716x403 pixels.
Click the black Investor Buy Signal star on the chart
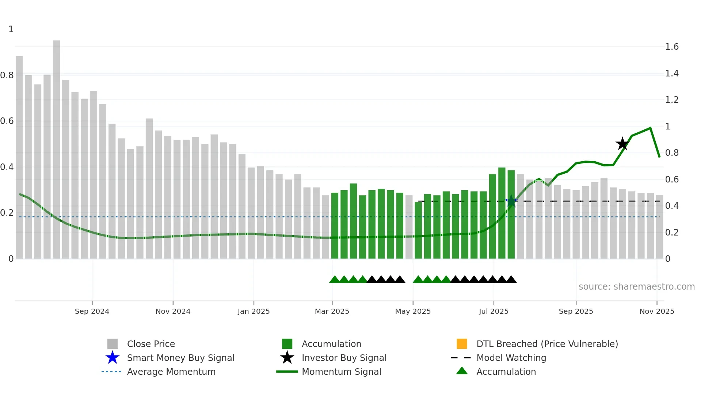pos(622,144)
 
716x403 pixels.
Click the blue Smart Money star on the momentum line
pos(511,201)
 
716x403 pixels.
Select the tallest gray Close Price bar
pos(56,146)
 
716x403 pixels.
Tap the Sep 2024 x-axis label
pos(92,311)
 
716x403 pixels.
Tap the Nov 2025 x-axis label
pos(656,311)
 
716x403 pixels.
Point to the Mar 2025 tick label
pos(332,311)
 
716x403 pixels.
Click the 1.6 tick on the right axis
pos(671,47)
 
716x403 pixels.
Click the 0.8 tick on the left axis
pos(7,75)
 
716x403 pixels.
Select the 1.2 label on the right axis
pos(671,100)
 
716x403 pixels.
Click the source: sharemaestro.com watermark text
pos(636,287)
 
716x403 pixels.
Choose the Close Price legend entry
pos(151,344)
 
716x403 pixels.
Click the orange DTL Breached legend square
pos(462,344)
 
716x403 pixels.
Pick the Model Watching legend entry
pos(511,358)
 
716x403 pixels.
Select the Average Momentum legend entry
pos(171,372)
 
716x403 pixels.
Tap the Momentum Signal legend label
pos(341,372)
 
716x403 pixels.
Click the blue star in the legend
pos(113,358)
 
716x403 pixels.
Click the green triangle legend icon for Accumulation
pos(462,371)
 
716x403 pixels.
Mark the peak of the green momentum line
pos(650,128)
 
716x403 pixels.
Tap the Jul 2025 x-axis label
pos(494,311)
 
